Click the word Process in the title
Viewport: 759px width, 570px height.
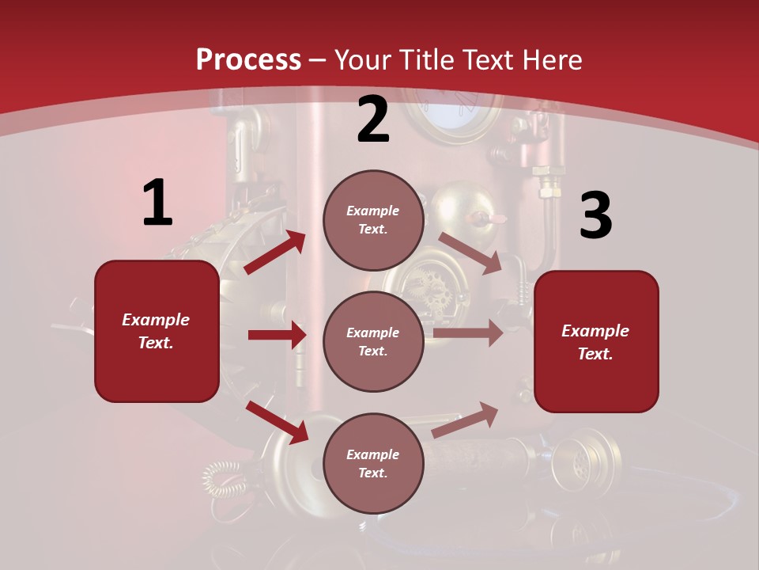(x=248, y=59)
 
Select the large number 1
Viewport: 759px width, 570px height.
(x=157, y=203)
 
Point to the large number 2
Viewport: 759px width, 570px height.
(x=373, y=120)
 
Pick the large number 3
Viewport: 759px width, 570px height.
(x=595, y=215)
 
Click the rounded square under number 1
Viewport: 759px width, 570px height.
(x=157, y=331)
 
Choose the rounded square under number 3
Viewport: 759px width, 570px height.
(x=596, y=341)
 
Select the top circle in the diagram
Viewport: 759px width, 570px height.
(x=373, y=220)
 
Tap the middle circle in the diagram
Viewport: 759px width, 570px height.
(x=373, y=341)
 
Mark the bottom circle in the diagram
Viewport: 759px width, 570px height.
(x=373, y=463)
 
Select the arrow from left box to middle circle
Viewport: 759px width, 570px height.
(x=277, y=335)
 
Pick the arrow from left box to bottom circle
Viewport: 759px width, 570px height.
(x=277, y=422)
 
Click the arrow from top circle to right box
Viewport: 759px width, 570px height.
(x=470, y=253)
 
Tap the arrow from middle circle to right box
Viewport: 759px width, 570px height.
(x=468, y=333)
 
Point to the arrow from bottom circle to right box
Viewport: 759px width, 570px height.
(x=466, y=420)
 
